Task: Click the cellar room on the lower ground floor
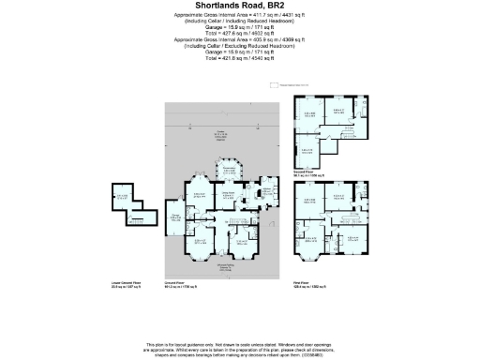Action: (x=123, y=198)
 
